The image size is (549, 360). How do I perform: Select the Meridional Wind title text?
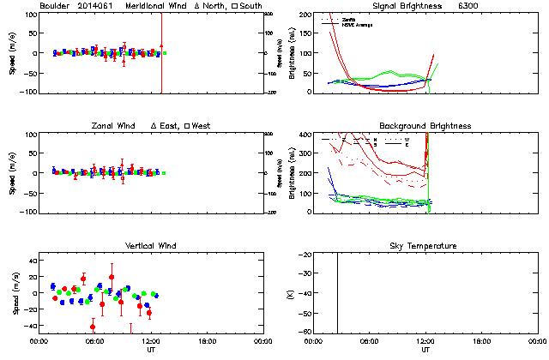point(158,6)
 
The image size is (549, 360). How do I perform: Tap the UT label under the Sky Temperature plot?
point(425,351)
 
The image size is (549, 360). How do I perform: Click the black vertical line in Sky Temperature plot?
point(337,291)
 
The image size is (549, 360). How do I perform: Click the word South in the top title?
point(251,6)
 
